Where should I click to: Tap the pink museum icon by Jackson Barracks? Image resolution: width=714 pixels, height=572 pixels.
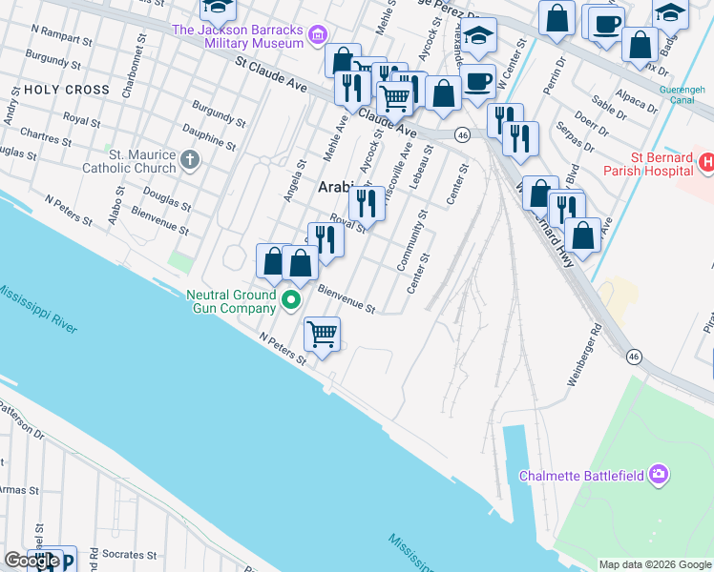[x=318, y=37]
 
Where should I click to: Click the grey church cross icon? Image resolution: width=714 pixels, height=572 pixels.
[x=190, y=158]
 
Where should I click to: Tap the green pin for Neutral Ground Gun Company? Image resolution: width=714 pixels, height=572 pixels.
[x=291, y=302]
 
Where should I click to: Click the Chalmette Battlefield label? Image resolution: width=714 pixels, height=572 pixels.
[x=579, y=475]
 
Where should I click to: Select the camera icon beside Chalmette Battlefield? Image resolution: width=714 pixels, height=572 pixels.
[x=658, y=474]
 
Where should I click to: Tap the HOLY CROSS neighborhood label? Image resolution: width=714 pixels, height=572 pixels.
[x=67, y=90]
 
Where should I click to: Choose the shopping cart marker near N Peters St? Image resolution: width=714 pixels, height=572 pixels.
[x=323, y=335]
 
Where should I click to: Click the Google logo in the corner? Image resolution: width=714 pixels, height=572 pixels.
[x=31, y=561]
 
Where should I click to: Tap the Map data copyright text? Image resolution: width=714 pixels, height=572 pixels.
[x=655, y=564]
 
